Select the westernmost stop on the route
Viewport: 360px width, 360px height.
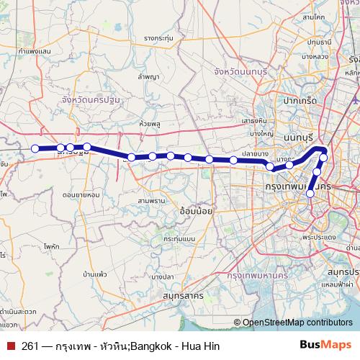click(x=35, y=148)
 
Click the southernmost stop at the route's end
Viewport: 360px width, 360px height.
click(x=310, y=193)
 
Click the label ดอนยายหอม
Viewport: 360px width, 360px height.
click(x=81, y=194)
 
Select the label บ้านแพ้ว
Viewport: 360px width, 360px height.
click(x=95, y=274)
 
